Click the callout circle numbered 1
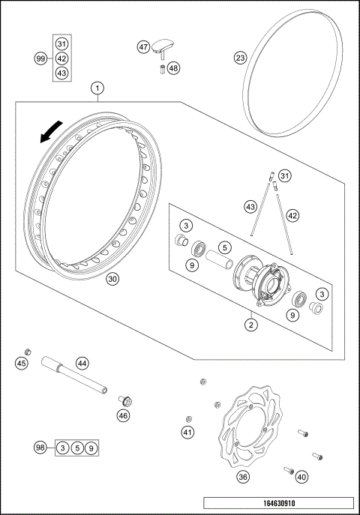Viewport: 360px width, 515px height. point(97,88)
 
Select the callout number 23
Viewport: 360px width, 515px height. point(240,57)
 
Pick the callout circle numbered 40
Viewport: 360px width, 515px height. point(301,475)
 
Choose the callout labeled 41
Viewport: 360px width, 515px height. point(187,432)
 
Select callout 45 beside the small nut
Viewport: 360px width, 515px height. point(22,364)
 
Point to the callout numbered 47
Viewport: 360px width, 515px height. point(143,46)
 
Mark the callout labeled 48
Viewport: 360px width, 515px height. point(174,68)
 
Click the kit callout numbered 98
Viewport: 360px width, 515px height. point(40,448)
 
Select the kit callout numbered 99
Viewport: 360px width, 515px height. point(40,58)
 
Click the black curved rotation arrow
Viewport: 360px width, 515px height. point(46,133)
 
